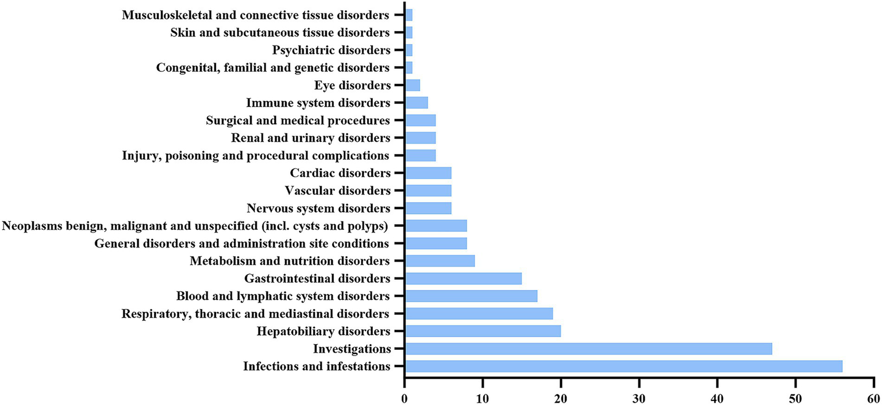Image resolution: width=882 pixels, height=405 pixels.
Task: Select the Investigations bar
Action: coord(588,349)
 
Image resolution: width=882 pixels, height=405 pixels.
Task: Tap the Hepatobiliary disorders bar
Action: coord(483,331)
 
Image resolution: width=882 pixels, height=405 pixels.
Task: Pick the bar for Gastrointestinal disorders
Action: coord(463,279)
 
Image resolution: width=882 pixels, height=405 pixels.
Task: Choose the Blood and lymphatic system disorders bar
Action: coord(471,296)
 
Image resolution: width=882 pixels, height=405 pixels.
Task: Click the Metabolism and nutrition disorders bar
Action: coord(440,261)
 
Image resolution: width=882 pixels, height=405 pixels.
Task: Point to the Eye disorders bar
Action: coord(413,86)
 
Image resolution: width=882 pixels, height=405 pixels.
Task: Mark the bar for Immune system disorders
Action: coord(417,103)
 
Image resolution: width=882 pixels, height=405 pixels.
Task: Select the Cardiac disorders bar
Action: coord(428,173)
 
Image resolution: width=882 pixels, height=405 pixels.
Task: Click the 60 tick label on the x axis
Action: coord(873,398)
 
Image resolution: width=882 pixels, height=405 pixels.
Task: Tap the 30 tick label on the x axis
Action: coord(639,398)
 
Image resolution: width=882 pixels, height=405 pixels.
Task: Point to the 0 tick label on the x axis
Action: coord(405,398)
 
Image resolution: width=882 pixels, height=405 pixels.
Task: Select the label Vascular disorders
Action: coord(337,191)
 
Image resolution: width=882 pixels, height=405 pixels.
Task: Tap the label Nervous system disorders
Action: coord(318,208)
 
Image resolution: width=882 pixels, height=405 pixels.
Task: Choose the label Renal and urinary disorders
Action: coord(310,138)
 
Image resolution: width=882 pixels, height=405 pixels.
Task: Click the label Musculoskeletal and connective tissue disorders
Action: coord(256,15)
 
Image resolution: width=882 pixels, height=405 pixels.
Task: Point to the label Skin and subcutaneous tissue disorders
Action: coord(280,32)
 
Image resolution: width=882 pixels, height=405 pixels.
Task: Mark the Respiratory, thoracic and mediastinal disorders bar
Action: coord(479,314)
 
